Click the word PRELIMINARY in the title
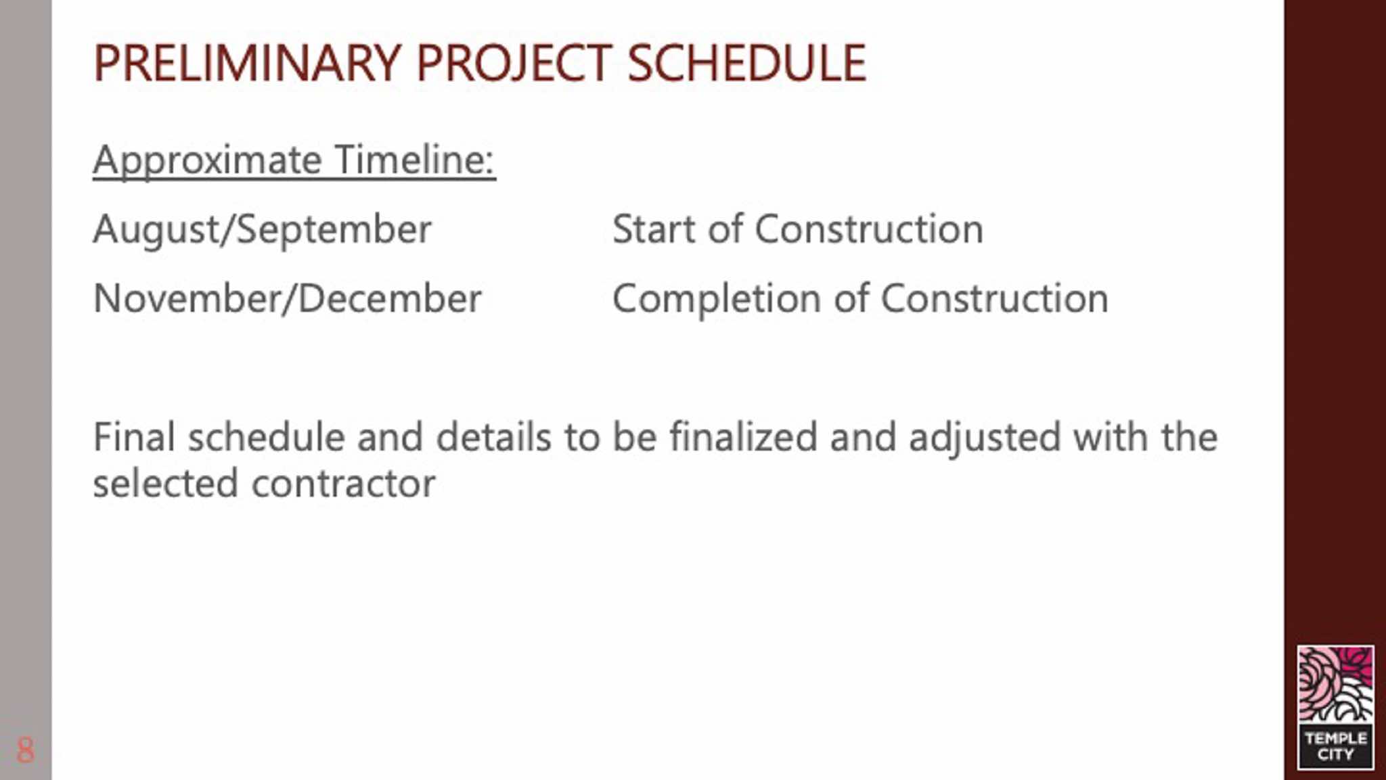[247, 63]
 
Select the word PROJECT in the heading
[514, 64]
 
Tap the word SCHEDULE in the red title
[746, 63]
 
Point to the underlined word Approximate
[207, 162]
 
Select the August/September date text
[262, 230]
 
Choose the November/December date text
[287, 298]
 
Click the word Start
[654, 229]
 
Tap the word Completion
[717, 299]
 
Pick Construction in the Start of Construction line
[869, 229]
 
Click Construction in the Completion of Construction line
[994, 298]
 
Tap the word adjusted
[984, 438]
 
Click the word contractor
[344, 484]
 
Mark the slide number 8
[25, 750]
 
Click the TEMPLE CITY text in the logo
[1336, 746]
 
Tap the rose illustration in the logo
[1336, 684]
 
